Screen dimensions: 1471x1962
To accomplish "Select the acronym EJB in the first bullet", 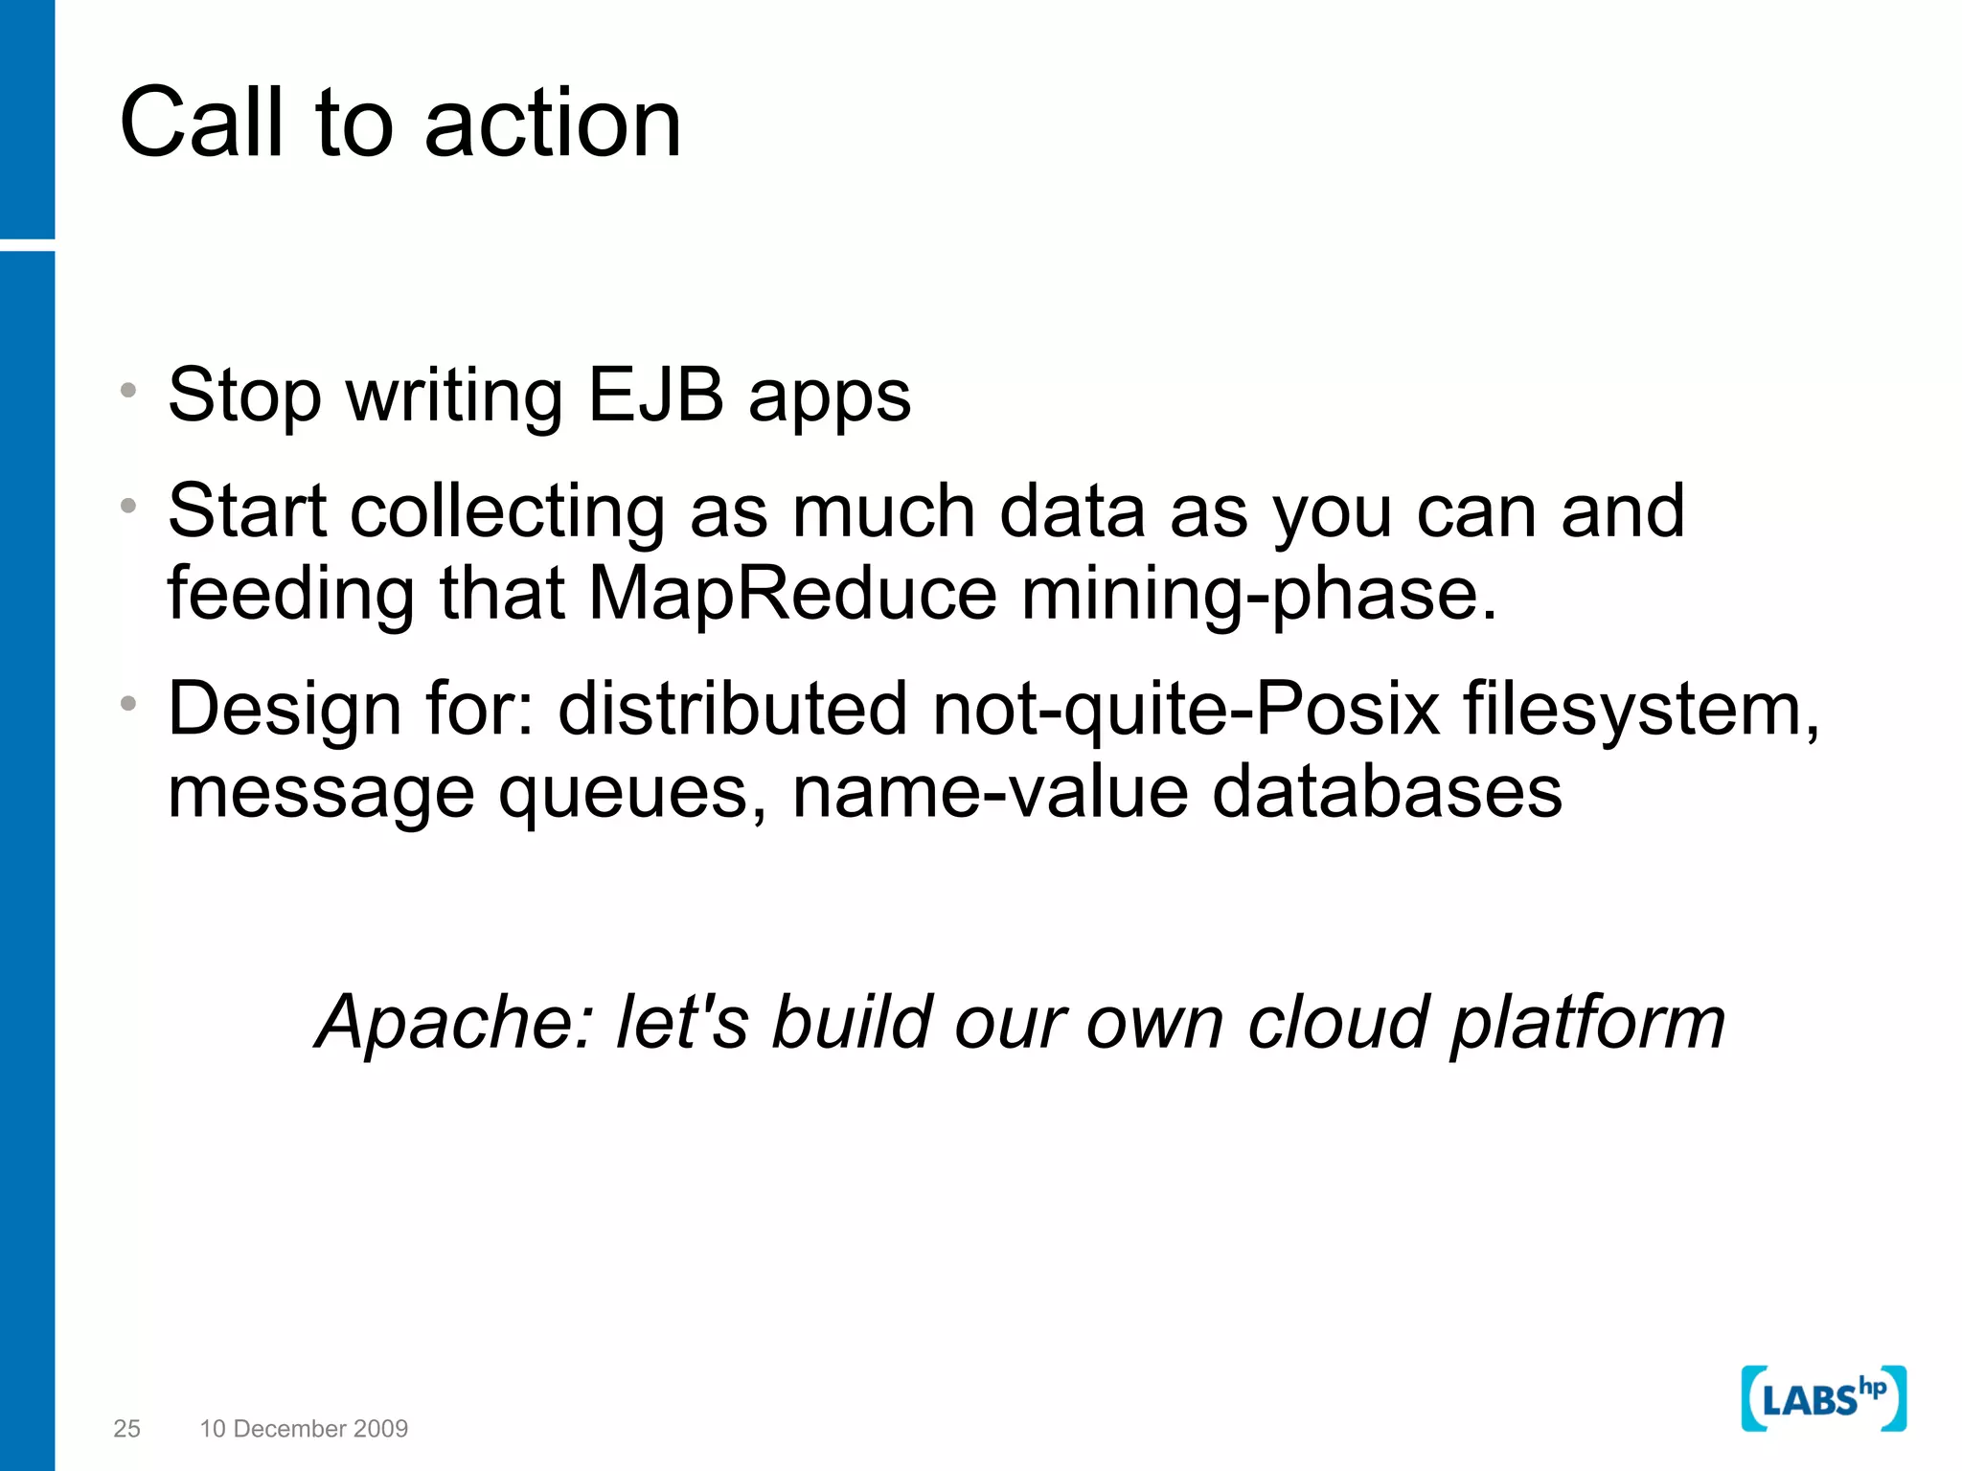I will (x=655, y=395).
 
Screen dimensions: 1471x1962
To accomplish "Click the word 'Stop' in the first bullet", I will (x=244, y=396).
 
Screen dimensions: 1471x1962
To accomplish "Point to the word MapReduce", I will (x=792, y=594).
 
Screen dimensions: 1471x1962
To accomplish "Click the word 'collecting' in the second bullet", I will (x=507, y=512).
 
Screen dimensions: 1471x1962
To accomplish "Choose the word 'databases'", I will (x=1386, y=793).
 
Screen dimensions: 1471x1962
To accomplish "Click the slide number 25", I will (x=126, y=1429).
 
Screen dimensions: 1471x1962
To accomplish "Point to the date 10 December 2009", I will (x=304, y=1429).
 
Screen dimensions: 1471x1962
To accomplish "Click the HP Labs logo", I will (x=1823, y=1398).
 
